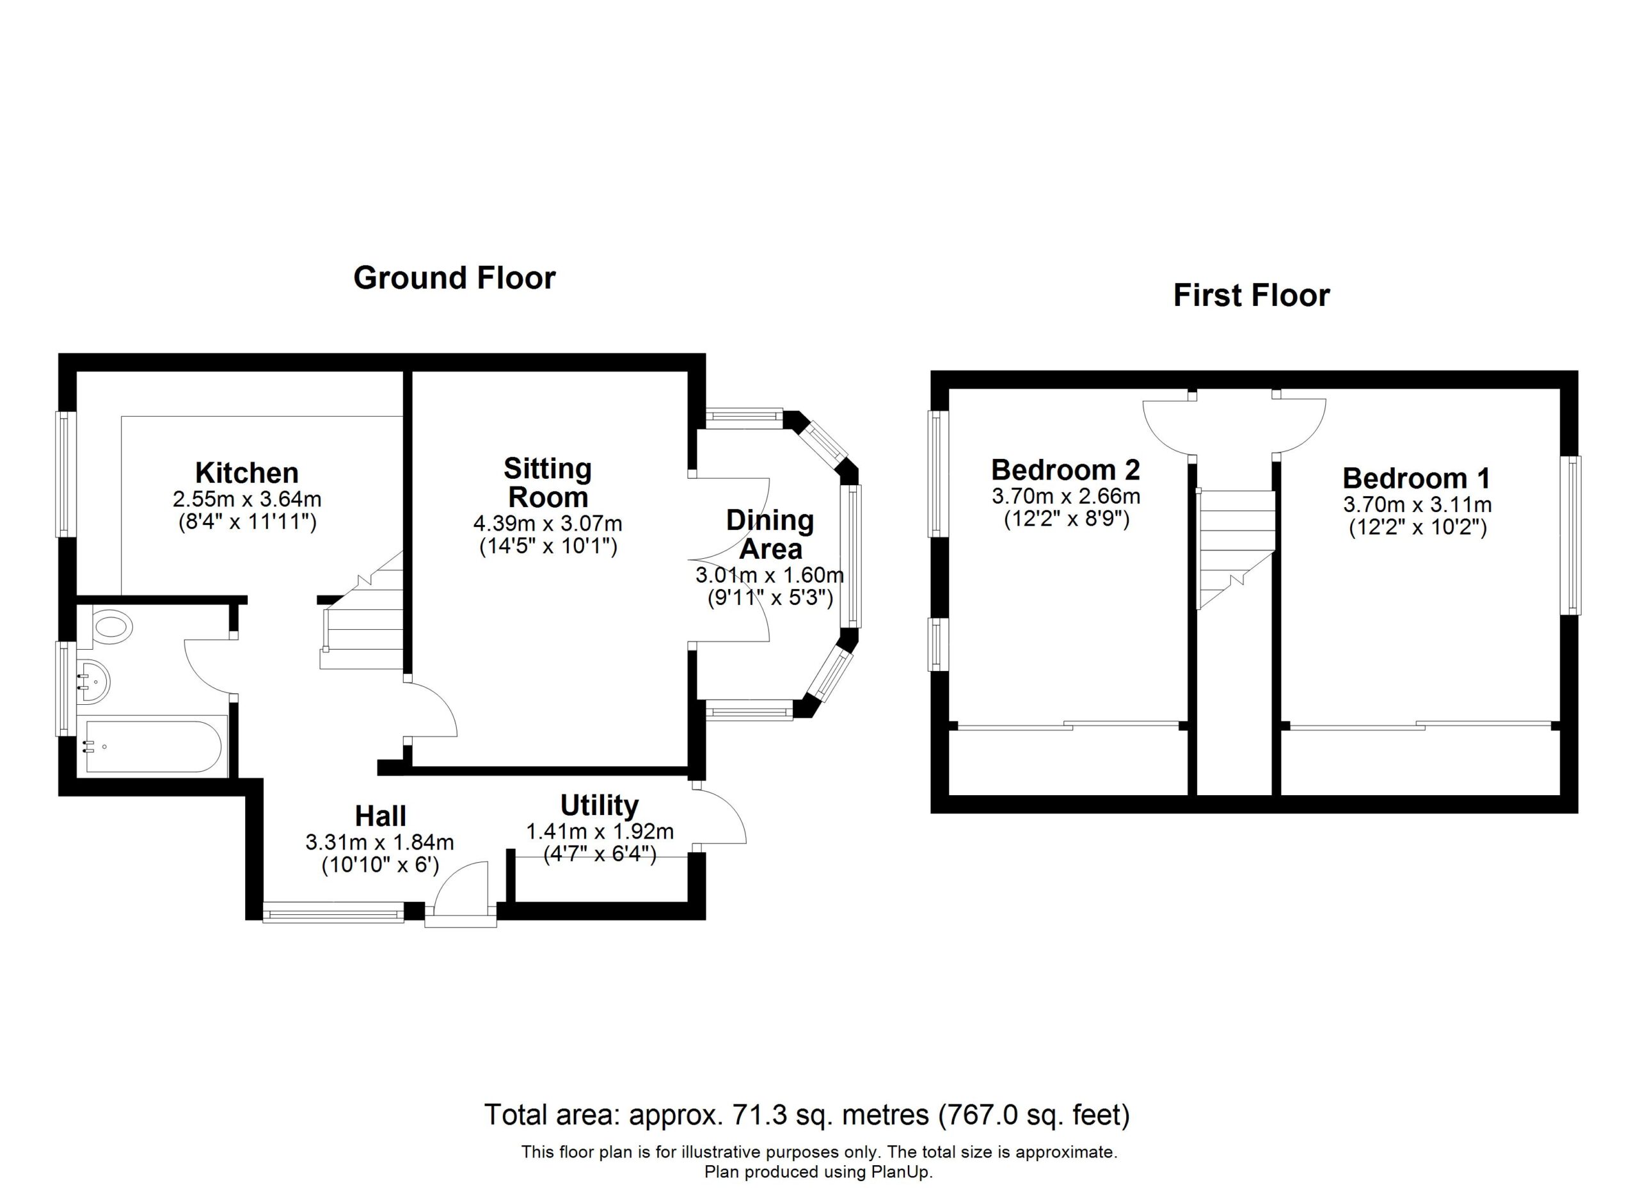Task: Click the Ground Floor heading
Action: coord(454,278)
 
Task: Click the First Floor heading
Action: coord(1251,296)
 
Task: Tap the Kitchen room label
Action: coord(247,473)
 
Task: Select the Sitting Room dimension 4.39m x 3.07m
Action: coord(548,523)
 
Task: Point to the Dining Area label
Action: coord(770,535)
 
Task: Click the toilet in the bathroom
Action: coord(109,625)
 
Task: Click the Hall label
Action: coord(381,816)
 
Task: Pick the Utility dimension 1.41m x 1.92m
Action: coord(600,832)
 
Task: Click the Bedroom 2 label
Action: coord(1065,471)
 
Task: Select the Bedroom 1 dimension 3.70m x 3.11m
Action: coord(1417,504)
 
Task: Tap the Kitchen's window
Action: coord(67,474)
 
